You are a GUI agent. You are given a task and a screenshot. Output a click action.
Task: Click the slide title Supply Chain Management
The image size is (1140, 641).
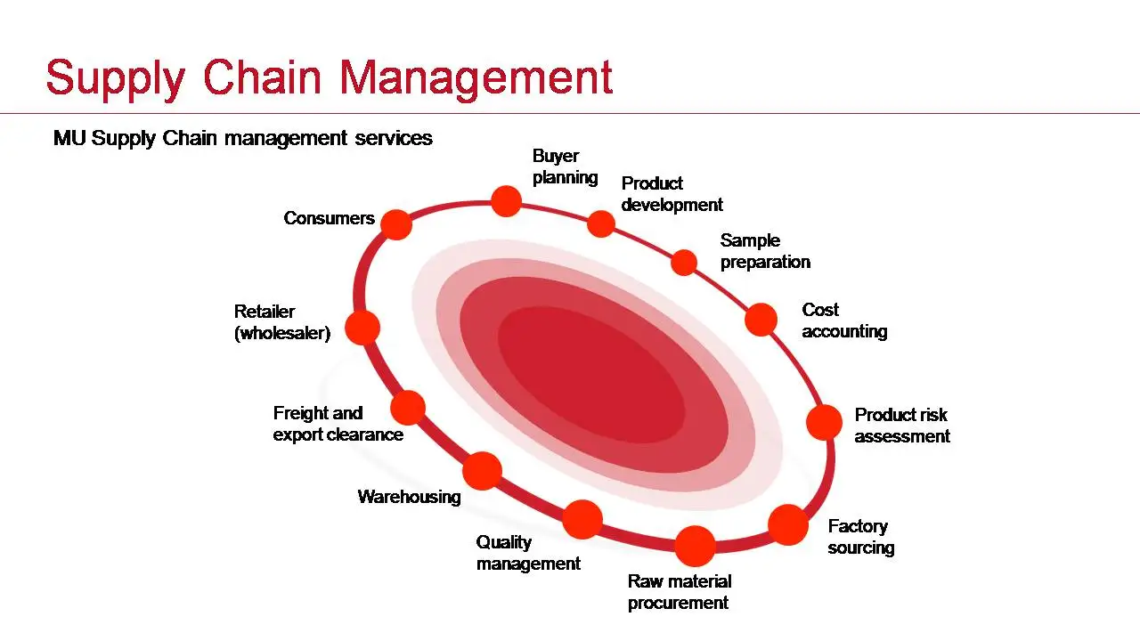(329, 77)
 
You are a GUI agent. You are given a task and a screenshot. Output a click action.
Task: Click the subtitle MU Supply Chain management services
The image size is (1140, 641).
(243, 138)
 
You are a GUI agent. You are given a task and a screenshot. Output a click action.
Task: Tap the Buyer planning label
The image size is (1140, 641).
(565, 166)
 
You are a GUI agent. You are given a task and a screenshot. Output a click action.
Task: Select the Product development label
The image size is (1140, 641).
(672, 194)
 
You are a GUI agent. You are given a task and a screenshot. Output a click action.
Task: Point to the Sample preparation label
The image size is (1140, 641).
(765, 251)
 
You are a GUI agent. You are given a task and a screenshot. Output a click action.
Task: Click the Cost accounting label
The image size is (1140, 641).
(843, 320)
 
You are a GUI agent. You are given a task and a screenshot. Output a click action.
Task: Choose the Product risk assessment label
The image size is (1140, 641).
(901, 426)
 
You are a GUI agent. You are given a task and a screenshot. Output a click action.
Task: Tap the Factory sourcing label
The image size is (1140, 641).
(860, 537)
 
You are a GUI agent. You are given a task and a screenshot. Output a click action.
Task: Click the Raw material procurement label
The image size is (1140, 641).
(679, 592)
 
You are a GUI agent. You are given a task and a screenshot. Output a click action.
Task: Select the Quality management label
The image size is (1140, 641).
(528, 553)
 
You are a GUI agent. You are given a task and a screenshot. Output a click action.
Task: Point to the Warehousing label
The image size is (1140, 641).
(409, 497)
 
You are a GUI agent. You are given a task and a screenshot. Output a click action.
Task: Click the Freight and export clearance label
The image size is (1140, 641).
(338, 424)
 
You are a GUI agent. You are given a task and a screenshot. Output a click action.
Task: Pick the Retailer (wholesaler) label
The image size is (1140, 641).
(281, 322)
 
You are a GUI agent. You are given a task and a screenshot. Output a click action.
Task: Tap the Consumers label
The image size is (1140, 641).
(329, 218)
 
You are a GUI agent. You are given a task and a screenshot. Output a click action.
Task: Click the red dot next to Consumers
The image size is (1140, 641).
(396, 223)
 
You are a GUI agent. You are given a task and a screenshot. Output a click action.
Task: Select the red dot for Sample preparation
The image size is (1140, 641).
(683, 263)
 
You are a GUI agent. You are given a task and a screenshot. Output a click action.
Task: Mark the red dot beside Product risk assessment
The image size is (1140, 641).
(824, 422)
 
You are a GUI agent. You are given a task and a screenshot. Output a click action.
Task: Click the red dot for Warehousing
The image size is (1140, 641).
(482, 470)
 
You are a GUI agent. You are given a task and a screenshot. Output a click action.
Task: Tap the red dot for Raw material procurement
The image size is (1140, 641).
(695, 545)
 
